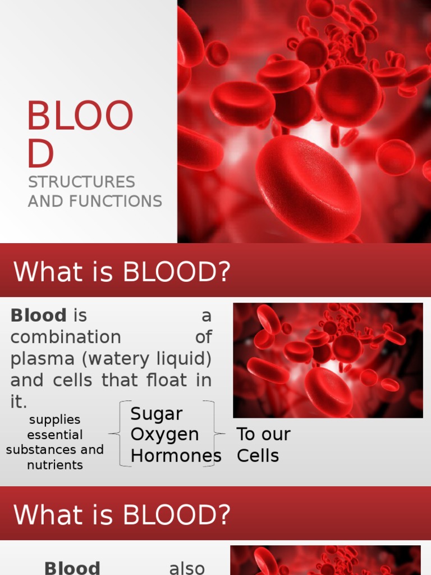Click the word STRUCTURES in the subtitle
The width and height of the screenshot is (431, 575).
pos(81,182)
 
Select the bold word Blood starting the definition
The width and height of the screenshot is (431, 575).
pos(38,316)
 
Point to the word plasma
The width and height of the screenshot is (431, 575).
pos(39,359)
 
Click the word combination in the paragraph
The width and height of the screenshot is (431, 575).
pos(66,337)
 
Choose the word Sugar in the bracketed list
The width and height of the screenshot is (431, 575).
pos(157,414)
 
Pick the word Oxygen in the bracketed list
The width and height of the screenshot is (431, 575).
pos(164,435)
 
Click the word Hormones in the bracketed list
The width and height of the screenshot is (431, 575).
pos(176,456)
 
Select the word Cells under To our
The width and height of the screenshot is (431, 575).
pos(258,455)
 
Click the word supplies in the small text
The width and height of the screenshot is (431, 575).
pos(54,420)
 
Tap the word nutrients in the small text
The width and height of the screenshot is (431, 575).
pos(54,465)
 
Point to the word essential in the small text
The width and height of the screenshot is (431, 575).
pos(54,435)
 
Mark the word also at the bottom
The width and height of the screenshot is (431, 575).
pos(187,568)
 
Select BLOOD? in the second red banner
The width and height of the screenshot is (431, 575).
pos(177,515)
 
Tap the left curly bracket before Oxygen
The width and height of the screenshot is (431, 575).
pos(115,433)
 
